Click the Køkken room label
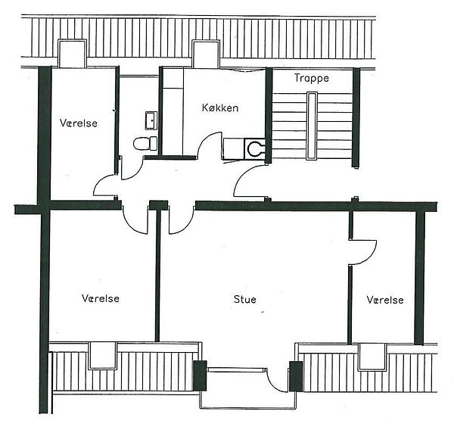click(220, 108)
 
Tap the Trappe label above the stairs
click(312, 78)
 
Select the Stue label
click(245, 299)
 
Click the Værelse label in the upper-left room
click(79, 123)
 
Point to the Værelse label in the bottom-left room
click(101, 298)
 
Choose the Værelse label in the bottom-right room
click(385, 300)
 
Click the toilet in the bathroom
click(145, 143)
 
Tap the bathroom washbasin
click(151, 120)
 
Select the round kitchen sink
click(255, 148)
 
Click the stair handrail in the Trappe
click(312, 126)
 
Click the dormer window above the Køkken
click(206, 55)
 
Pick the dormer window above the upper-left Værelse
click(72, 54)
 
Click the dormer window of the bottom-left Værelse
click(102, 356)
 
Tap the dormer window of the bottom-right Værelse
click(372, 357)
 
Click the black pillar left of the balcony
click(200, 376)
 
